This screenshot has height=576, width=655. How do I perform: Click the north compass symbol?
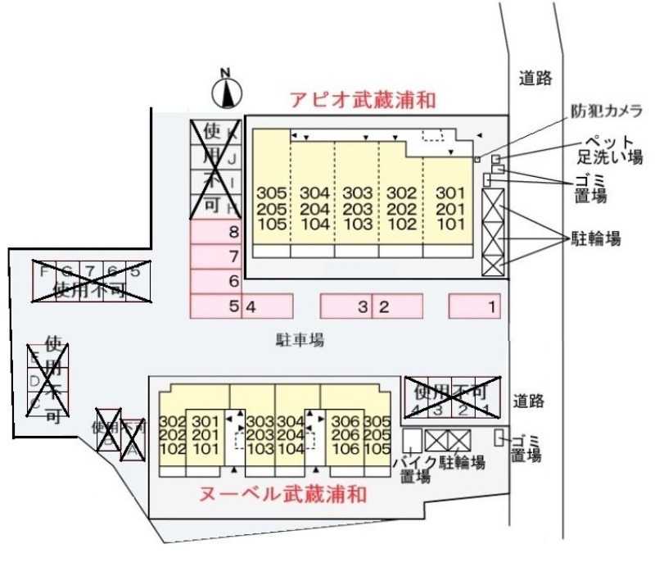[x=227, y=91]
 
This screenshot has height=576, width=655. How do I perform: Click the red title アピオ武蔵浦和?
[x=362, y=100]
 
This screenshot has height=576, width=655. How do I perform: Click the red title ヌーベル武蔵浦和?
[x=282, y=494]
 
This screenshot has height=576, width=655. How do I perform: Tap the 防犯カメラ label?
[x=607, y=111]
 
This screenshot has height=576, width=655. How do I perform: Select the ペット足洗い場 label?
[x=607, y=150]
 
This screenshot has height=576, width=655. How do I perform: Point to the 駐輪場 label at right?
[x=595, y=239]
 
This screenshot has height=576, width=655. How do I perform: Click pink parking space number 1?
[x=492, y=307]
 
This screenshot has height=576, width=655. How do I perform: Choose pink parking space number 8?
[x=233, y=232]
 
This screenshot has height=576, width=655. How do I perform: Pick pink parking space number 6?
[x=233, y=281]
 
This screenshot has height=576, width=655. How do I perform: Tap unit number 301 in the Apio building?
[x=449, y=193]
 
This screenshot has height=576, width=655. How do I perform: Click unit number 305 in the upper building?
[x=271, y=193]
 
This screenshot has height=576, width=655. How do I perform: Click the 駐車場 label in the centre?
[x=300, y=339]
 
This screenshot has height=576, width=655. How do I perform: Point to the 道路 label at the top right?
[x=536, y=78]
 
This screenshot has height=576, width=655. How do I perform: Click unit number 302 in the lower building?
[x=172, y=421]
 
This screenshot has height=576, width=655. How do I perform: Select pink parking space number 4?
[x=253, y=307]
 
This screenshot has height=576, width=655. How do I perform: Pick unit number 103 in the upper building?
[x=358, y=223]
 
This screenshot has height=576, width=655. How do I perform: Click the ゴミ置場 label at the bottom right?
[x=525, y=448]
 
